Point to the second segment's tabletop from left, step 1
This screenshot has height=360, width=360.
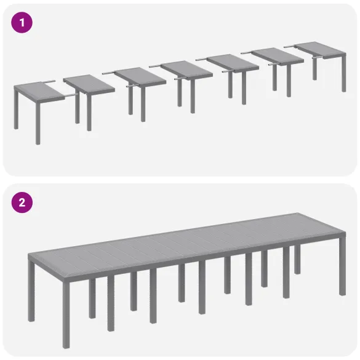[89, 84]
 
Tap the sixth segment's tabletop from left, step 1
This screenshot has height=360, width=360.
[278, 56]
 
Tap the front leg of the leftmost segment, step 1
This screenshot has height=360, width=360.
[38, 126]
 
